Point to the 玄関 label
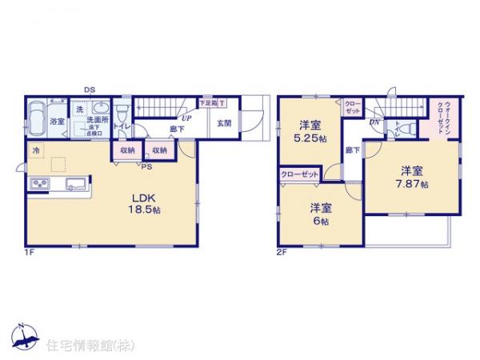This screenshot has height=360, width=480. coord(224,123)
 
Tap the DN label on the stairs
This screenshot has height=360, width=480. coord(374,122)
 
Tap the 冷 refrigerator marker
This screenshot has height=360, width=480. coord(35,149)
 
